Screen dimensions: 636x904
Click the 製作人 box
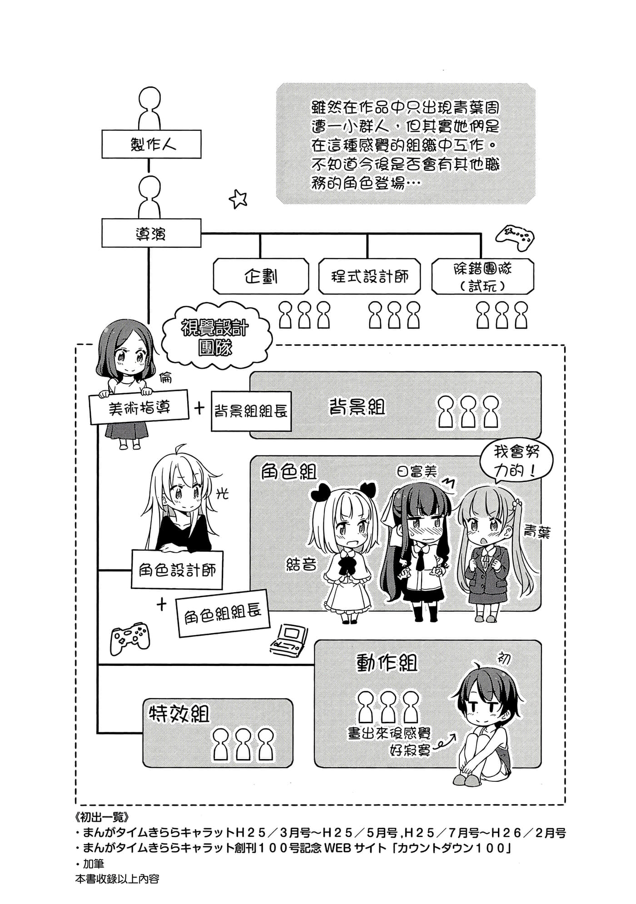click(151, 144)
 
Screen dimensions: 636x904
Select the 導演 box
click(151, 233)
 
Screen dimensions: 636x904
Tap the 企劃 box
click(261, 276)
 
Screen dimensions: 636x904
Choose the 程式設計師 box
click(369, 276)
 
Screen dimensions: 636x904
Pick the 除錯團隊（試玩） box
click(482, 276)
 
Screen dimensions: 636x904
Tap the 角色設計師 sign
click(177, 570)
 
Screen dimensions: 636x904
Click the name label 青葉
click(537, 532)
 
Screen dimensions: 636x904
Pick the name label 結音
click(301, 564)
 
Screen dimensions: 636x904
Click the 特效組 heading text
click(179, 714)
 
